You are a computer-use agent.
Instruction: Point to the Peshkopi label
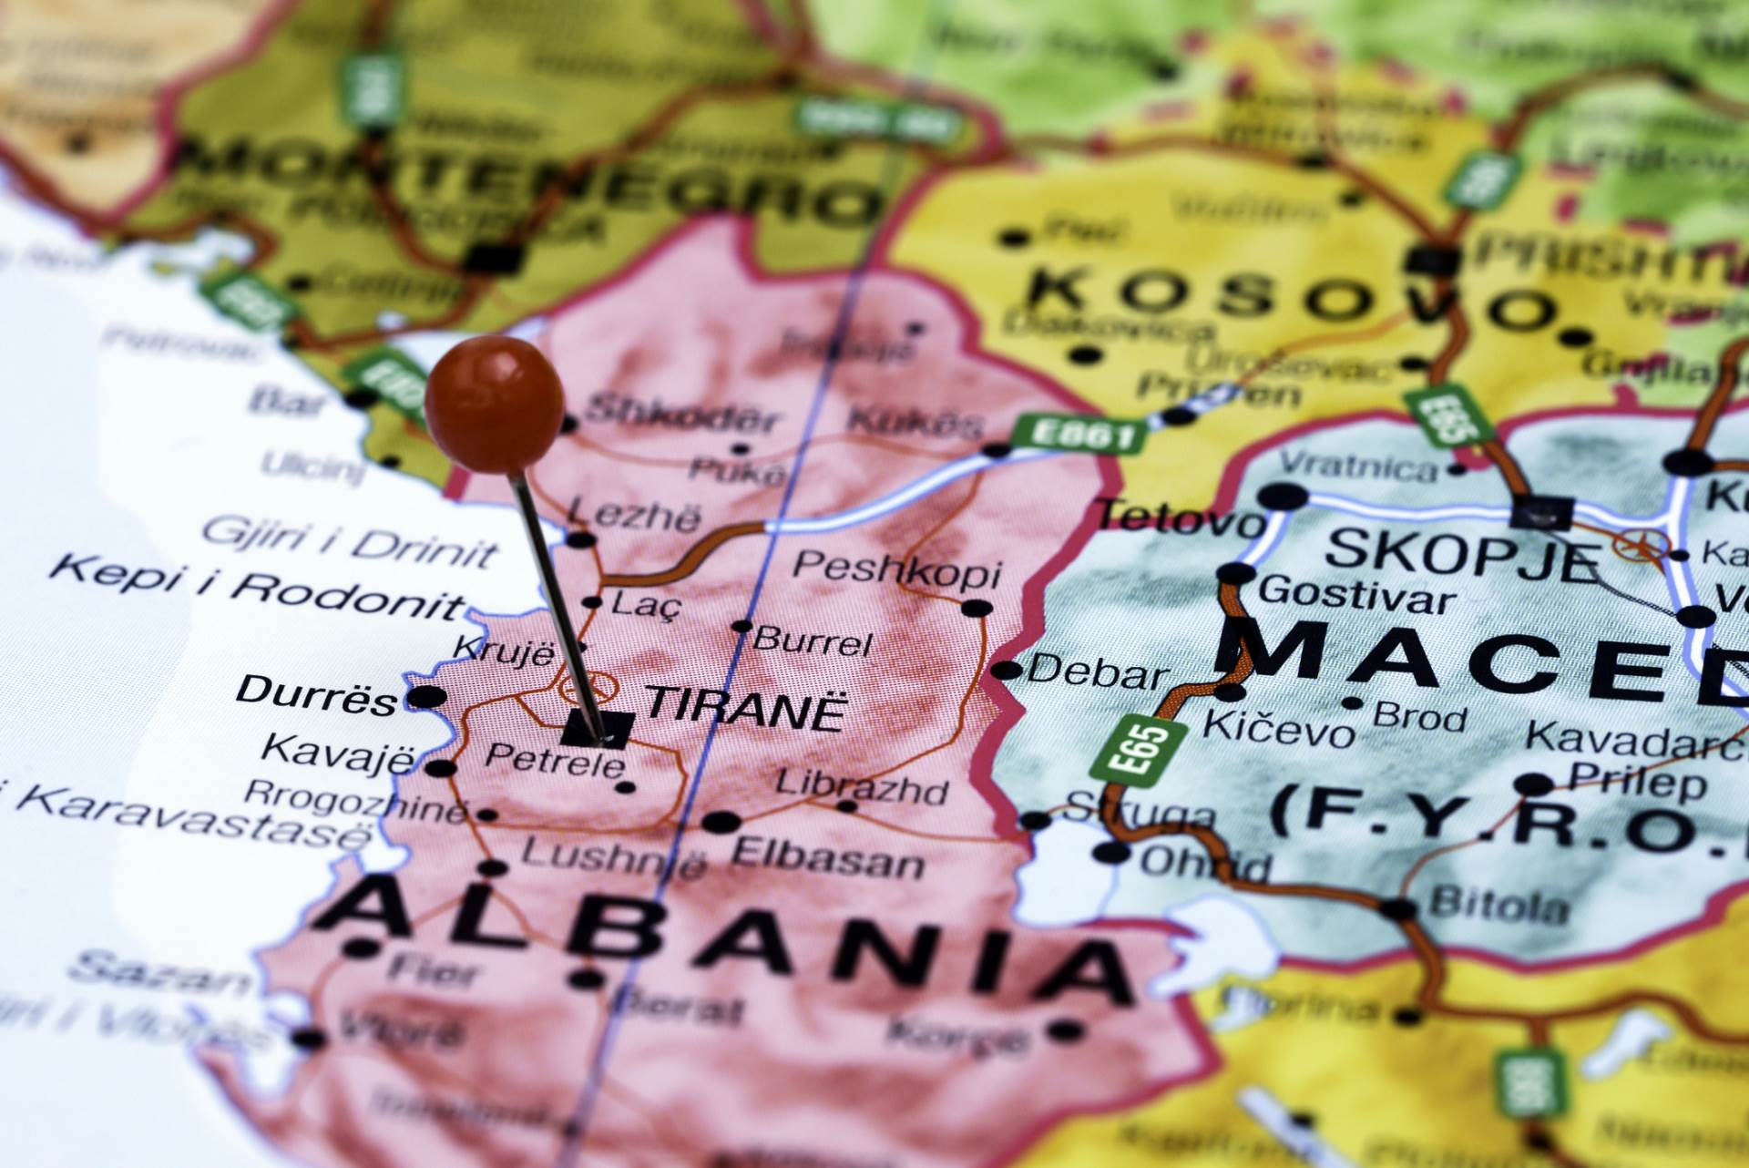(896, 569)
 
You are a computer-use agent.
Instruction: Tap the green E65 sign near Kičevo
(1141, 750)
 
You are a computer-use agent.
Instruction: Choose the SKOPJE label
(1462, 553)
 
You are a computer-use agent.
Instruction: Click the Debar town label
(1098, 673)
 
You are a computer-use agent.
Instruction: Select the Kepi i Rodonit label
(257, 588)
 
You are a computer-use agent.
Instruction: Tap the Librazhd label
(861, 787)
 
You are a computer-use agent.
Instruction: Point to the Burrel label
(813, 641)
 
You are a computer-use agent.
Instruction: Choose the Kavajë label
(338, 753)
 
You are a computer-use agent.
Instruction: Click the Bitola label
(1499, 905)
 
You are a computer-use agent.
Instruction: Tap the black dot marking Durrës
(426, 699)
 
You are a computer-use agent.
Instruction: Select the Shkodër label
(682, 415)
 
